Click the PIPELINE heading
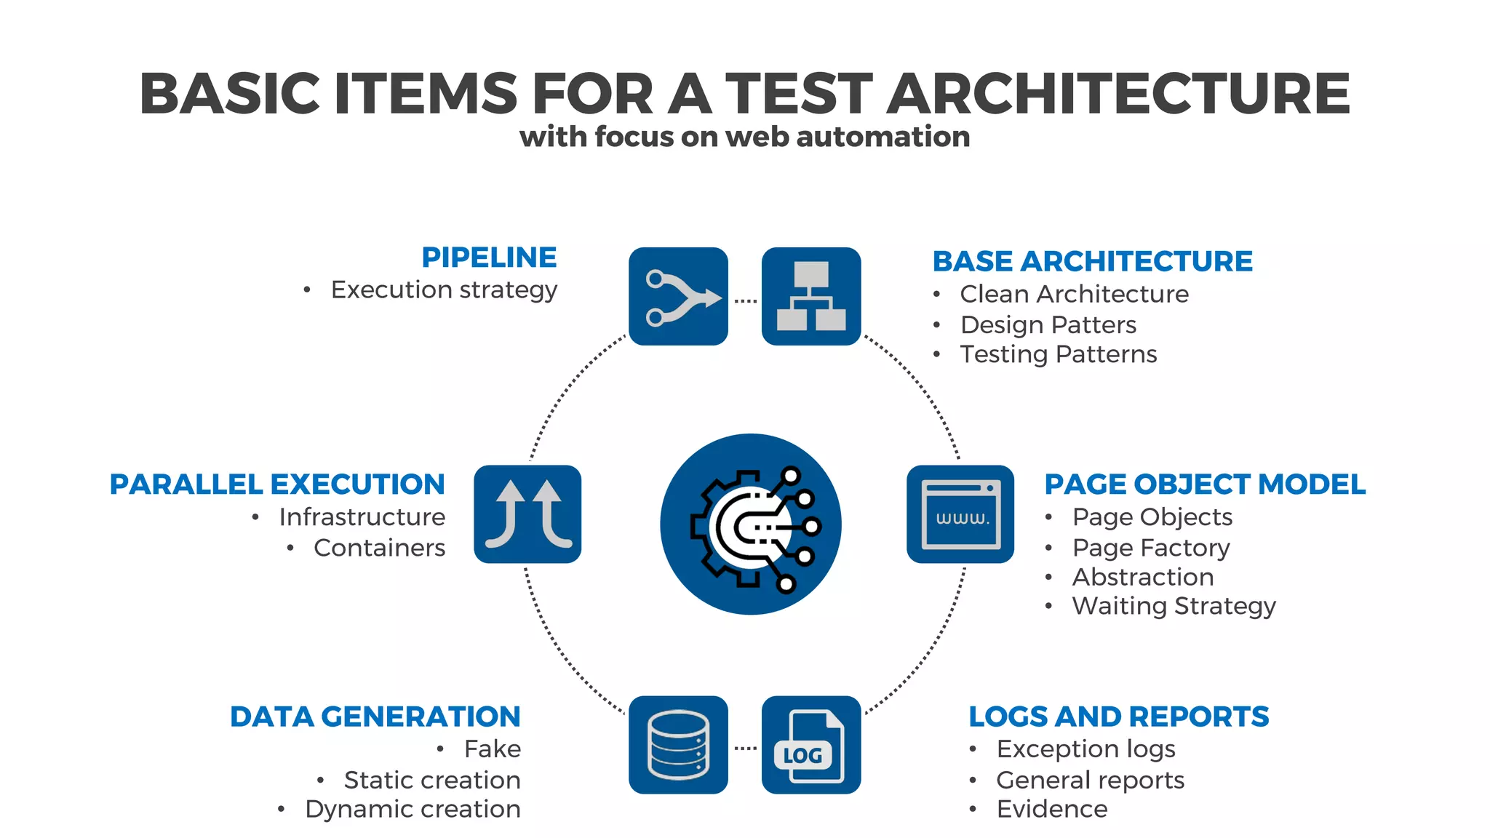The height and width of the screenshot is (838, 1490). point(489,258)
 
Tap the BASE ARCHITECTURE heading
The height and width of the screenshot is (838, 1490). point(1092,261)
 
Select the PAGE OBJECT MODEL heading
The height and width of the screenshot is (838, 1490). point(1205,484)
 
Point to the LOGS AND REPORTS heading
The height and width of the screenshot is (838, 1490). point(1118,717)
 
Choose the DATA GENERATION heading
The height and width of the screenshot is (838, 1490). point(375,717)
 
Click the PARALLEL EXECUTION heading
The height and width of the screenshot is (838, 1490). point(277,484)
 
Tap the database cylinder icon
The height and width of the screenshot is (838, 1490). point(678,745)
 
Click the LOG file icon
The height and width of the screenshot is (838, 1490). point(810,745)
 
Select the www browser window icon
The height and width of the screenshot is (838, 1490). point(960,514)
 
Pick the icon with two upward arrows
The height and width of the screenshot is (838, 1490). point(527,514)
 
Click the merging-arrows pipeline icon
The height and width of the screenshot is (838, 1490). point(678,297)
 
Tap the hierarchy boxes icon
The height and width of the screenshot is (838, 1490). point(810,297)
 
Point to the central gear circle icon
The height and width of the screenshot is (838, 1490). point(751,524)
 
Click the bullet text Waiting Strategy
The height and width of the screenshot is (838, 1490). point(1174,606)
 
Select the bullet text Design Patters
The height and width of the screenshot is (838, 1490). point(1048,324)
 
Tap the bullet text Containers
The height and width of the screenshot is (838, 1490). point(379,548)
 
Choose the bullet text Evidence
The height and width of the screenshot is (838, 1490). point(1051,809)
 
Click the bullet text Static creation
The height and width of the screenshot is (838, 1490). point(432,780)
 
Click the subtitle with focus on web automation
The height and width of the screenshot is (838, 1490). point(744,137)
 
